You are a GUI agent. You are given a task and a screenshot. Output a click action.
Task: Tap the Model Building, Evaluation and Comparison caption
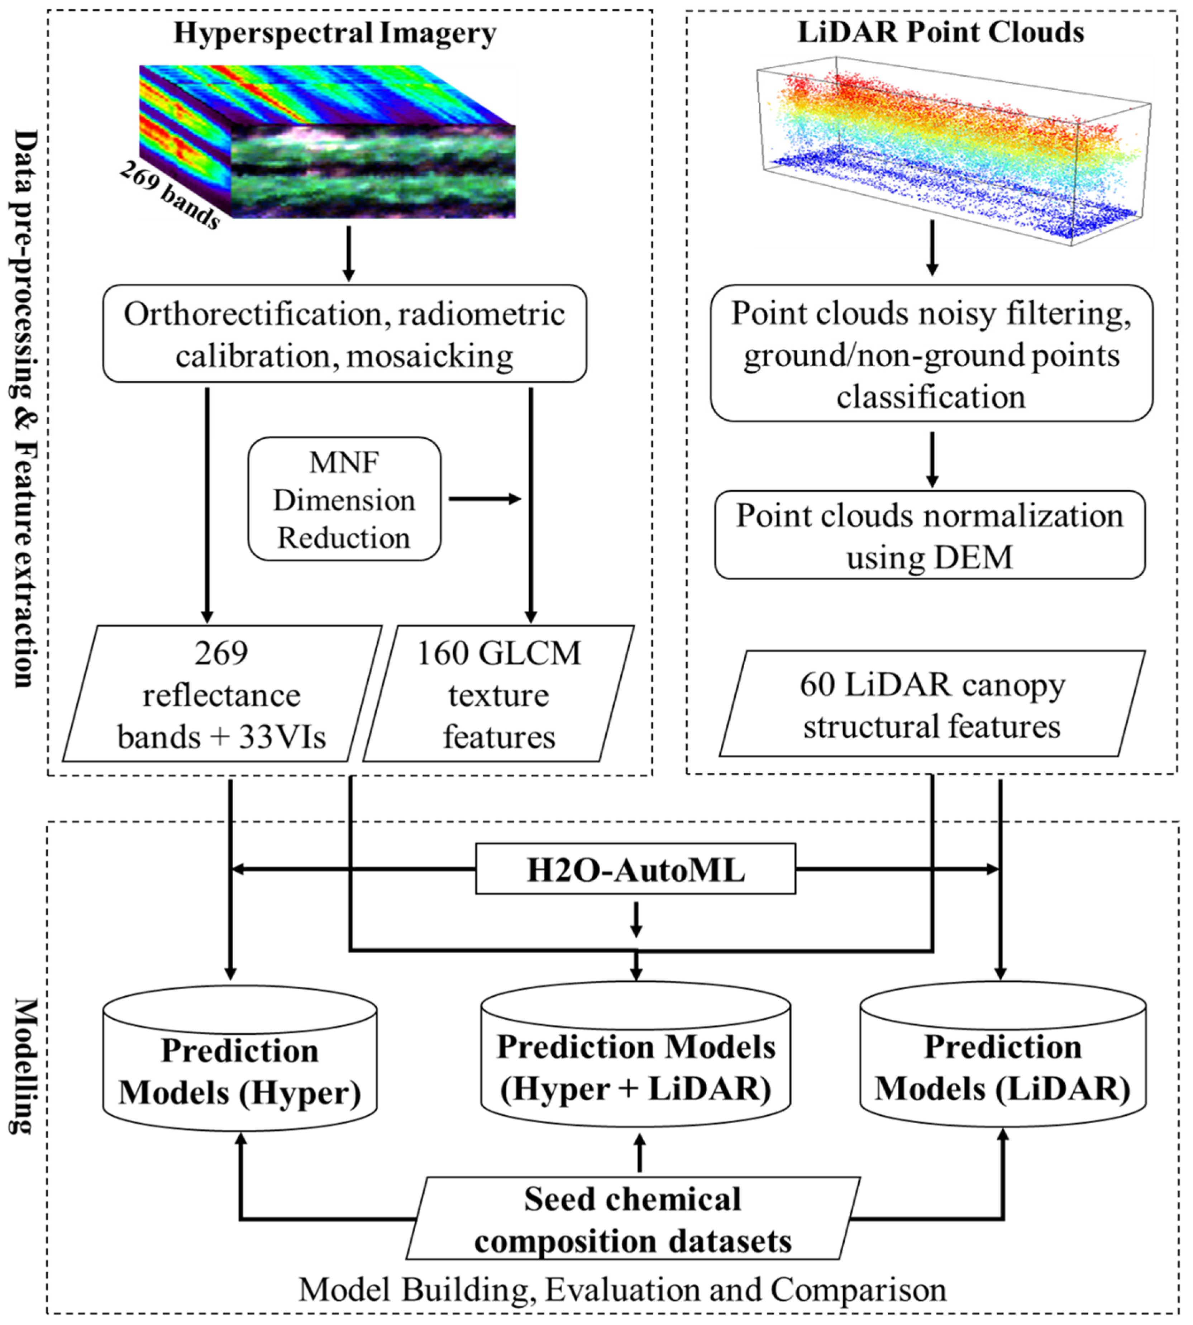623,1290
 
